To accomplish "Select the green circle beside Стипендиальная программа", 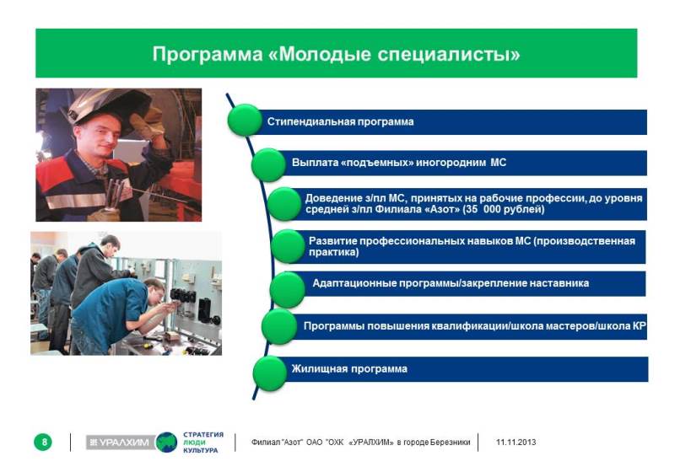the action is (x=245, y=121).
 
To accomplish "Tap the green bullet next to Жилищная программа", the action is (x=270, y=373).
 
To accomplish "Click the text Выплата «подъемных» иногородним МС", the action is (x=399, y=163).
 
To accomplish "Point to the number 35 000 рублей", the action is (x=506, y=209).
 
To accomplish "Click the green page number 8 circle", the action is (x=43, y=442).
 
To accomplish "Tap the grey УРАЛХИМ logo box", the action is (x=121, y=442).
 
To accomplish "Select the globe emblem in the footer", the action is (x=166, y=442).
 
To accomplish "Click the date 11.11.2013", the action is (x=516, y=442).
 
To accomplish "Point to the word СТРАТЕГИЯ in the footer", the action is (x=203, y=435).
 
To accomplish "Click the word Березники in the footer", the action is (x=450, y=442).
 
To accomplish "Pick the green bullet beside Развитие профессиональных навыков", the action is (x=289, y=246).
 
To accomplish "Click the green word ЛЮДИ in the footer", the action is (x=194, y=443).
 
